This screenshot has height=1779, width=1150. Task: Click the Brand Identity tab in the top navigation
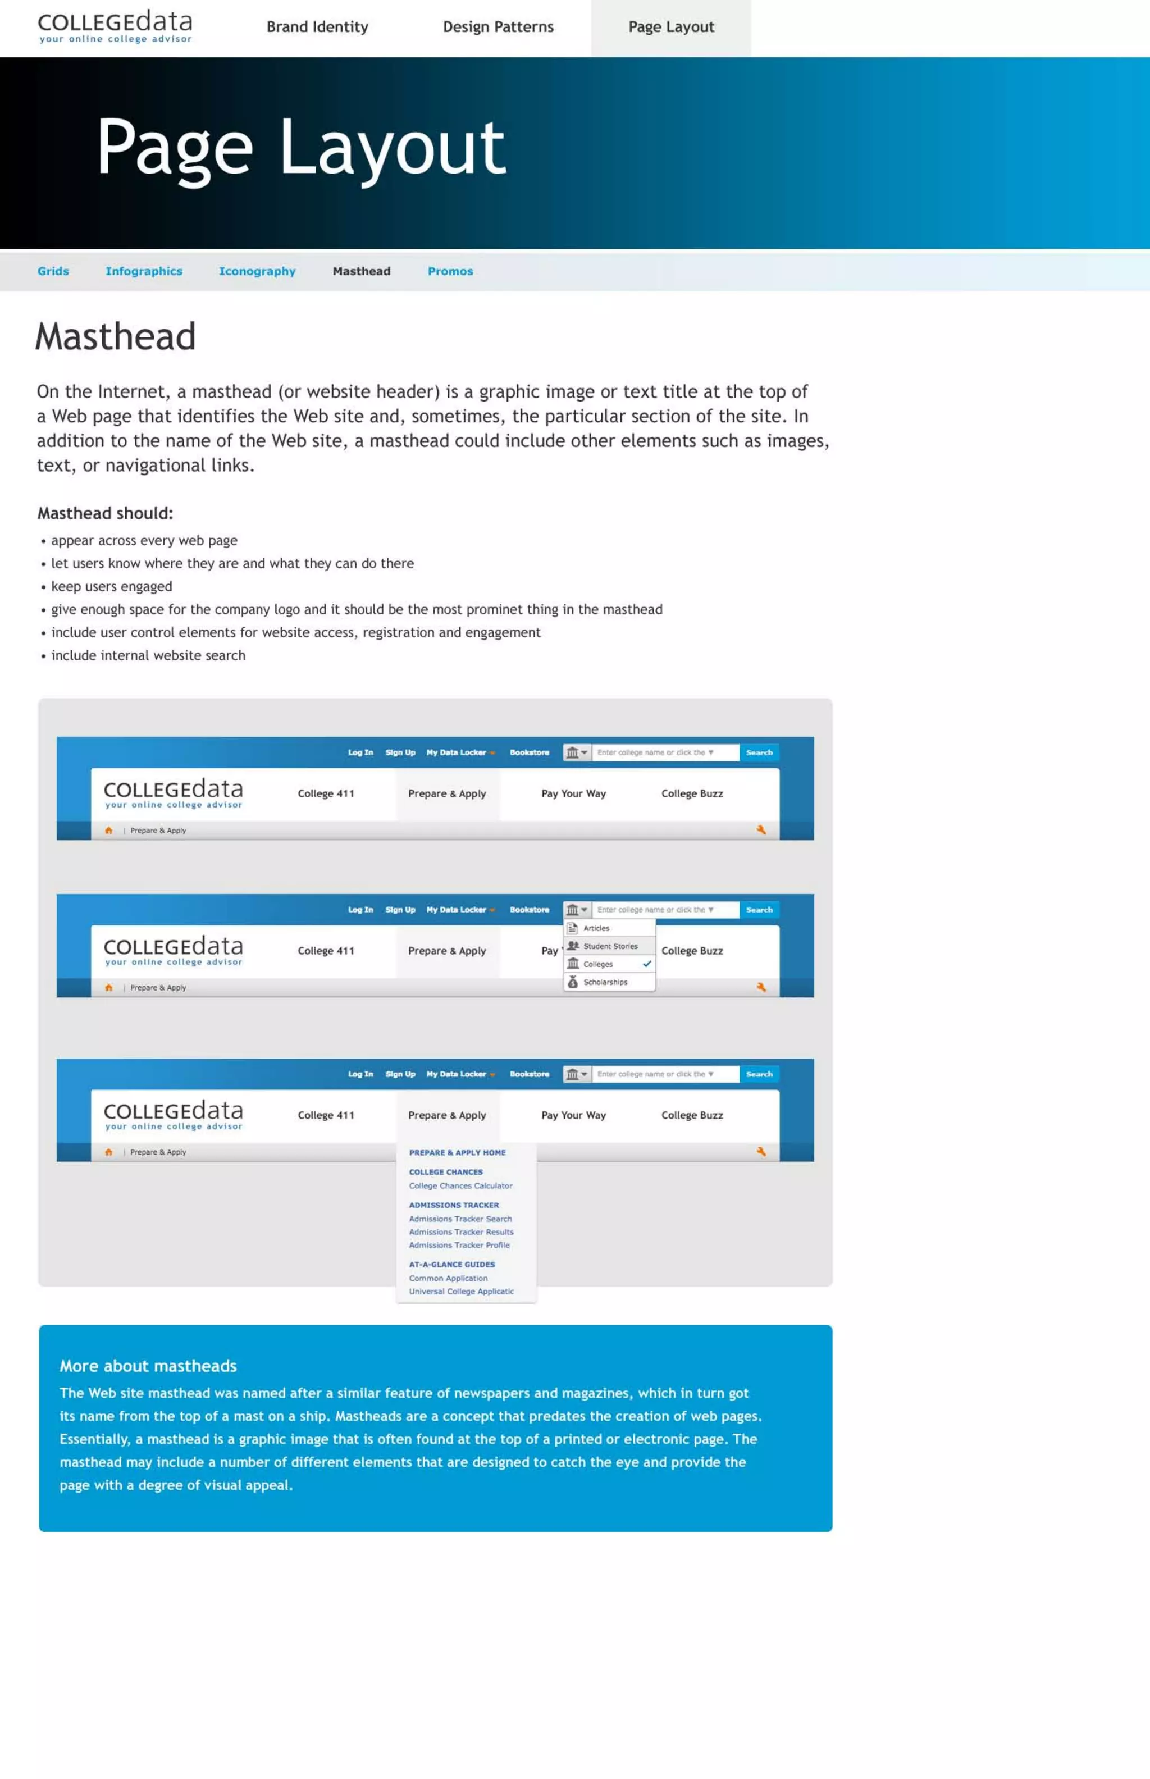pos(317,27)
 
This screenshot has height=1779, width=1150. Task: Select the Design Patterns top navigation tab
pos(498,27)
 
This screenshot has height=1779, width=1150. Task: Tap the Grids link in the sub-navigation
pos(53,271)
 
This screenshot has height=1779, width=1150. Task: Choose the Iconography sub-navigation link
pos(257,271)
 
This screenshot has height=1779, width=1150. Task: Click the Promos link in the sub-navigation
pos(450,271)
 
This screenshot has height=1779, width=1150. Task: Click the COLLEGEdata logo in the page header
pos(115,26)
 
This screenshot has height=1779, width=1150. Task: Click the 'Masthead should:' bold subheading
pos(106,513)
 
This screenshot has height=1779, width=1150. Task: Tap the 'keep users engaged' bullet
pos(111,586)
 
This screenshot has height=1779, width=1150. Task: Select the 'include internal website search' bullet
pos(148,655)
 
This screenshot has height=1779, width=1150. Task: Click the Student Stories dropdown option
pos(610,946)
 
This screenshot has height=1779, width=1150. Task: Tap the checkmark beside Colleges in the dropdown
pos(647,964)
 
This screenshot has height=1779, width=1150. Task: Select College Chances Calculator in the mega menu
pos(461,1186)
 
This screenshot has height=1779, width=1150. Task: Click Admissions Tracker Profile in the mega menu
pos(459,1245)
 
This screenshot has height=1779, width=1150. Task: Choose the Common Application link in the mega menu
pos(448,1279)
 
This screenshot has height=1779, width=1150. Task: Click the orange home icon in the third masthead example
pos(109,1152)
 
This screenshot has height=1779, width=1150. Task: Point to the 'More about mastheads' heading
pos(148,1366)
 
